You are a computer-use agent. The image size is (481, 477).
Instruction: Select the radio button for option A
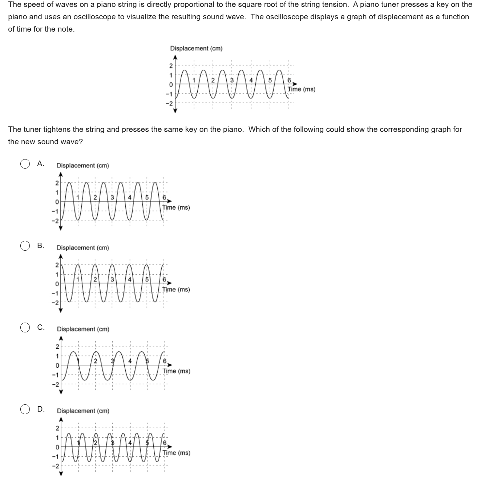pyautogui.click(x=25, y=164)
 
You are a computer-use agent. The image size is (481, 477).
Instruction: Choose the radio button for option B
pyautogui.click(x=25, y=246)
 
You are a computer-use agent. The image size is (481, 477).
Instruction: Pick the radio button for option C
pyautogui.click(x=25, y=327)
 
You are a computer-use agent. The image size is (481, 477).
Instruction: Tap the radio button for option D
pyautogui.click(x=25, y=409)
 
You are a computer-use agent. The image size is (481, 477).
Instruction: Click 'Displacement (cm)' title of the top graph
pyautogui.click(x=196, y=48)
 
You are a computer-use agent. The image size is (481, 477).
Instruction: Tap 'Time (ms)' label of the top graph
pyautogui.click(x=301, y=89)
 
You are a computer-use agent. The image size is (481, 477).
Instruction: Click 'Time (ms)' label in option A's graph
pyautogui.click(x=176, y=208)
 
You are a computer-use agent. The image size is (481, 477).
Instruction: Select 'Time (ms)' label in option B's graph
pyautogui.click(x=176, y=290)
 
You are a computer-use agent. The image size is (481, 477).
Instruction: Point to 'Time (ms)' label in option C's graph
pyautogui.click(x=176, y=371)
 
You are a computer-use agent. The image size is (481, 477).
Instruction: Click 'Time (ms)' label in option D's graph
pyautogui.click(x=176, y=453)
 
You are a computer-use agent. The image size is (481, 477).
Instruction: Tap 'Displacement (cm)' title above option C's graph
pyautogui.click(x=83, y=329)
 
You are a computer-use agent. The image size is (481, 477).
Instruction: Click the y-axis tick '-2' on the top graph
pyautogui.click(x=168, y=104)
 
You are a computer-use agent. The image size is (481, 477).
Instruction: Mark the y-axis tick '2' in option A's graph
pyautogui.click(x=57, y=183)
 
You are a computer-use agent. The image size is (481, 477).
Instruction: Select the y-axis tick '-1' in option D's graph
pyautogui.click(x=56, y=457)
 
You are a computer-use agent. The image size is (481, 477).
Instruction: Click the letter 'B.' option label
pyautogui.click(x=41, y=246)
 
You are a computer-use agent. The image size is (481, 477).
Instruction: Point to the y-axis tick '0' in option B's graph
pyautogui.click(x=57, y=283)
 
